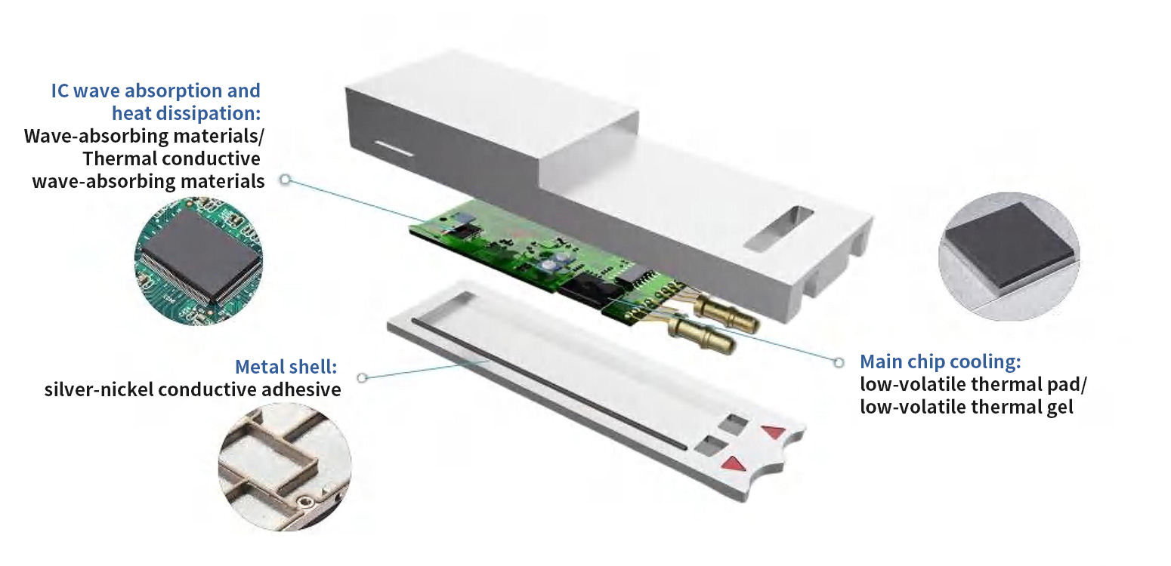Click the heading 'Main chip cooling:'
[x=945, y=361]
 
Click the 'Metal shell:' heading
[x=286, y=367]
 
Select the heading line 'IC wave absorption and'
[x=156, y=91]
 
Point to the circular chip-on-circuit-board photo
[x=199, y=260]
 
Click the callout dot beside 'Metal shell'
[x=362, y=377]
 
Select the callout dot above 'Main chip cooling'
[x=839, y=362]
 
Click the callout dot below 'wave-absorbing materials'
[x=285, y=180]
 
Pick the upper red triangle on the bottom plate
[x=774, y=432]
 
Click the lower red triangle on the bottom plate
[x=734, y=463]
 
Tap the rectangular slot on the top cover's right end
[x=778, y=228]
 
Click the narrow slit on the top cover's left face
[x=391, y=147]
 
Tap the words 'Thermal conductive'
[x=171, y=158]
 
